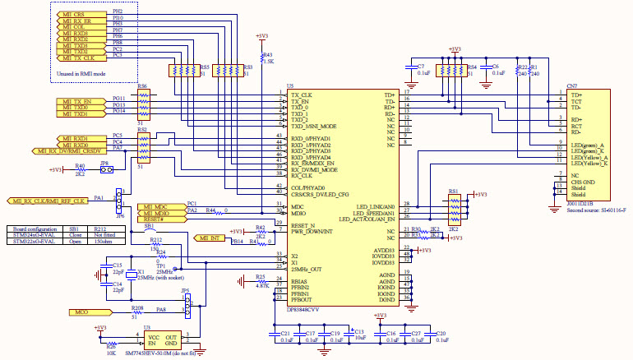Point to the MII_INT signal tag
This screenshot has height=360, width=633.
point(209,238)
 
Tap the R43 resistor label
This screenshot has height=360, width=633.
point(267,55)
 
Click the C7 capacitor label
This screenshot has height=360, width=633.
point(421,66)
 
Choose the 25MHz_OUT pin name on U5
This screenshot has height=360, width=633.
point(307,269)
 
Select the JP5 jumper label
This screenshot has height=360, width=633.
point(185,291)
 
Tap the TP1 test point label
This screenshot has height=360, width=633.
point(160,266)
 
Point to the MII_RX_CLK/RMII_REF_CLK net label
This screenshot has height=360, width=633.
point(47,200)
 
